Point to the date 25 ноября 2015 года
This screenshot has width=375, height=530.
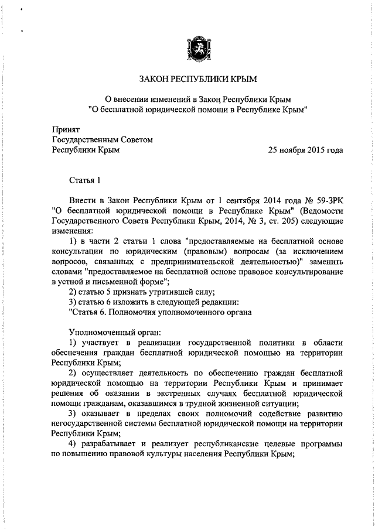pos(305,150)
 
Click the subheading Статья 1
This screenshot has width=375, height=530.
pos(86,180)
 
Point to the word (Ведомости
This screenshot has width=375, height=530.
pos(319,211)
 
